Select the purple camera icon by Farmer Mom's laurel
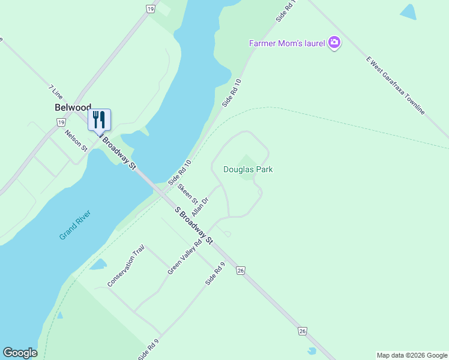tap(334, 43)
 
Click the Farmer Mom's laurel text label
tap(287, 43)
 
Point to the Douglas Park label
tap(248, 170)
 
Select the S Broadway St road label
tap(193, 225)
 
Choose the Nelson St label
tap(76, 140)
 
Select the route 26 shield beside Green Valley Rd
tap(241, 271)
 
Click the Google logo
tap(20, 353)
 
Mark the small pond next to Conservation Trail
tap(99, 264)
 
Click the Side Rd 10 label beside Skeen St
tap(179, 172)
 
